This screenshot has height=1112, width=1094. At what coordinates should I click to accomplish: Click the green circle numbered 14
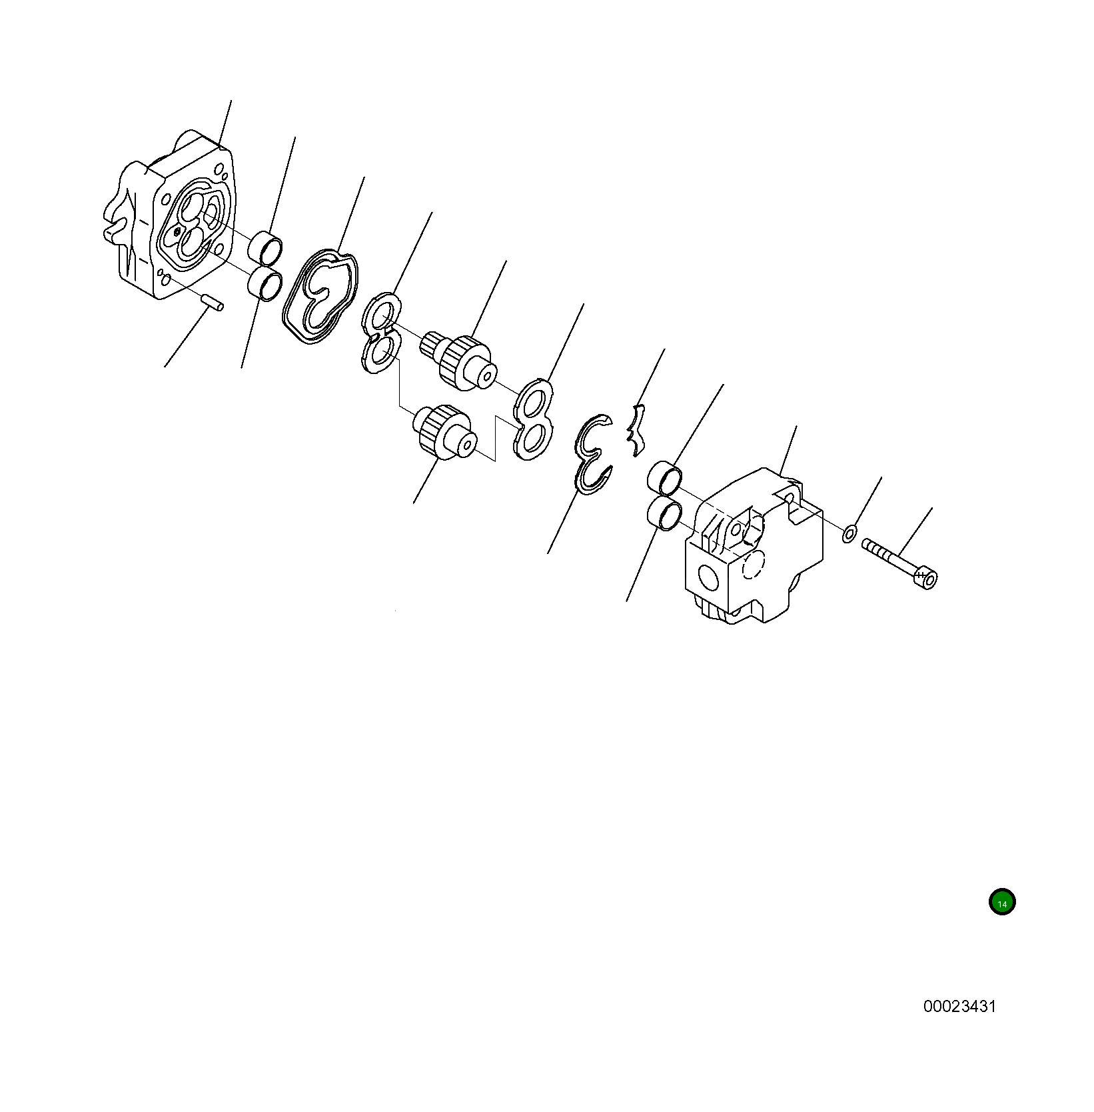tap(1002, 903)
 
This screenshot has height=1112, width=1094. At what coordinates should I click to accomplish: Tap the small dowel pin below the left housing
tap(213, 302)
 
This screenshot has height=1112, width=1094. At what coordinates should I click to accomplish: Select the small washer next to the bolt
tap(849, 533)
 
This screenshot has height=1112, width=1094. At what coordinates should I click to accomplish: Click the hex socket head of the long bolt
tap(926, 577)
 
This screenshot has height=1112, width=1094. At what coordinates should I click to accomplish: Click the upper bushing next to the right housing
tap(665, 477)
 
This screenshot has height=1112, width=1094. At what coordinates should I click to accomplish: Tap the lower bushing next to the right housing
tap(664, 513)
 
